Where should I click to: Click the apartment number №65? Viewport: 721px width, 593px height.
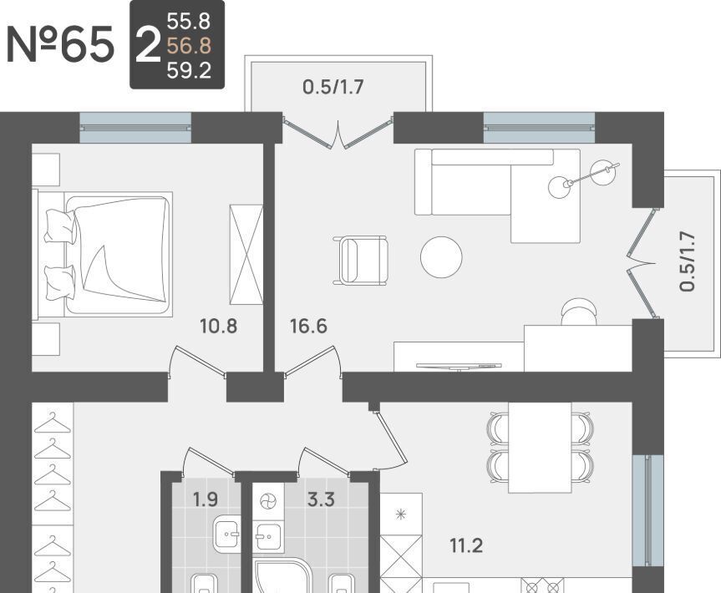(60, 44)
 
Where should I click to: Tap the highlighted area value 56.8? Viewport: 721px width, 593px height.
(189, 46)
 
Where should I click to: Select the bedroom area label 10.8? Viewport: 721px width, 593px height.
(218, 327)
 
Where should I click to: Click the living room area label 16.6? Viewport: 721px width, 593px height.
(308, 327)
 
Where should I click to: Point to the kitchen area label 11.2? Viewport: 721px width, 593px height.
(466, 546)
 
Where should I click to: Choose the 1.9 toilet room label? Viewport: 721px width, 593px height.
(205, 499)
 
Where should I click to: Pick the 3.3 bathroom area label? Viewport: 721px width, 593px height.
(321, 499)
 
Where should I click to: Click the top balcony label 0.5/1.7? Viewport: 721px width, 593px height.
(333, 86)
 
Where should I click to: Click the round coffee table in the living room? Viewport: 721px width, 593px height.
(441, 257)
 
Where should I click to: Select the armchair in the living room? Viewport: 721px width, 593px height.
(362, 260)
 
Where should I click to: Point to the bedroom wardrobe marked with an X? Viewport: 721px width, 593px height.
(246, 255)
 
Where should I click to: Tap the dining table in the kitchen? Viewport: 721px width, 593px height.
(540, 448)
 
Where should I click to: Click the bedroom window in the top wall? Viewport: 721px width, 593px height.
(135, 127)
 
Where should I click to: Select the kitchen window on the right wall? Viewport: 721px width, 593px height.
(647, 510)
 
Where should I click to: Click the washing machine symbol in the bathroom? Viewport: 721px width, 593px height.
(267, 500)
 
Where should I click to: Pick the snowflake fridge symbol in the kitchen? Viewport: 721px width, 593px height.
(401, 514)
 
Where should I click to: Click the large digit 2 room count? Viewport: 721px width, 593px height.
(148, 45)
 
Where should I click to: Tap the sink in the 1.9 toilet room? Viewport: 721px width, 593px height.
(226, 533)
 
